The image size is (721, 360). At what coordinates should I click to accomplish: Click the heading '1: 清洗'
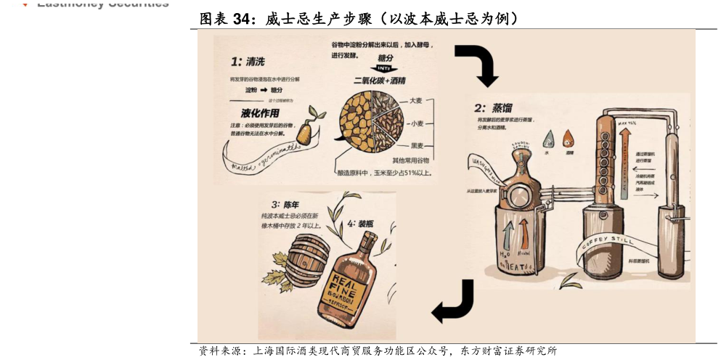point(248,62)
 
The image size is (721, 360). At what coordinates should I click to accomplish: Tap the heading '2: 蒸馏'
point(493,108)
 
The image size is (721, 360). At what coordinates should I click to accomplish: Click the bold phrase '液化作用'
point(260,113)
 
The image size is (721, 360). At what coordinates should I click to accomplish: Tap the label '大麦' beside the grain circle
point(416,100)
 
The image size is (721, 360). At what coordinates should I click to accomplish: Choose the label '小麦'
point(417,123)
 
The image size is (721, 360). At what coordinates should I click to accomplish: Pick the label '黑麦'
point(417,146)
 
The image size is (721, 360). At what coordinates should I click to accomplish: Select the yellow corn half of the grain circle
point(357,123)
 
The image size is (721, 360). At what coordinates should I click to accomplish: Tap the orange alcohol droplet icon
point(568,137)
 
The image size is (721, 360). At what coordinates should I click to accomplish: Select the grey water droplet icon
point(548,137)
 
